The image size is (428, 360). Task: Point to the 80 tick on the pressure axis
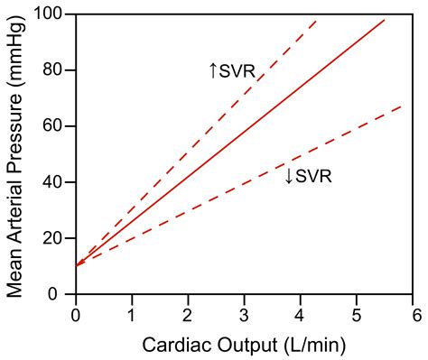point(57,71)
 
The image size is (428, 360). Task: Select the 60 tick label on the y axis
point(57,127)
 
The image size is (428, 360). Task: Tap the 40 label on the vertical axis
point(57,183)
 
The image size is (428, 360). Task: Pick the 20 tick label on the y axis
point(57,239)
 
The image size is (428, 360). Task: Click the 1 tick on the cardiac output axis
point(132,314)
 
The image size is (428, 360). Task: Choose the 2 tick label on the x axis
point(188,314)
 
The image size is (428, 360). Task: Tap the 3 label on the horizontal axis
point(245,314)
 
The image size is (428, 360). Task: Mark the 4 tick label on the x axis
point(301,314)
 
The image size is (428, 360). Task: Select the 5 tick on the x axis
point(357,314)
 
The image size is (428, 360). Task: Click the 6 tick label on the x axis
point(413,314)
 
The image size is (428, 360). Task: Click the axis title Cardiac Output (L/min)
point(244,344)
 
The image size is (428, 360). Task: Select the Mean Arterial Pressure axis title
point(16,153)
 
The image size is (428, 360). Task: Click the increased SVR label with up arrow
point(232,69)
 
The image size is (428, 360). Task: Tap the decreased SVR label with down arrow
point(308,176)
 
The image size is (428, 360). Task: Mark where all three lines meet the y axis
point(76,266)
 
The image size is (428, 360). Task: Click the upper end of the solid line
point(385,19)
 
